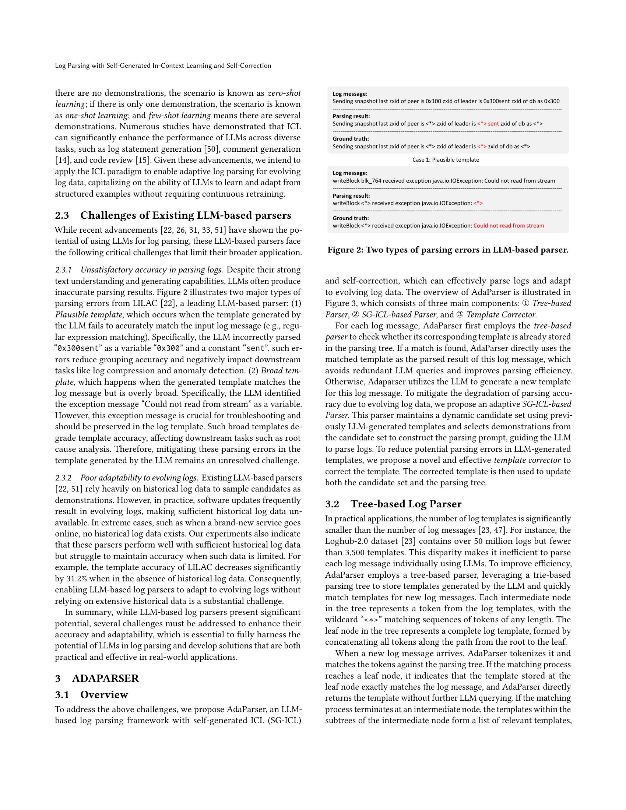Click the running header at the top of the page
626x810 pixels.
tap(163, 66)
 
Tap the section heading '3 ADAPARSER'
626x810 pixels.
tap(97, 678)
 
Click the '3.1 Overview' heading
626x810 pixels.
tap(92, 695)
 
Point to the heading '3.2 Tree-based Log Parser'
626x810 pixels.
tap(394, 504)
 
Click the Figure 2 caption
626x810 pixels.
tap(448, 250)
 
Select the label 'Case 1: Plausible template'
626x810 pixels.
tap(446, 160)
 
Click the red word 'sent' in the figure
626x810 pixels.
tap(493, 124)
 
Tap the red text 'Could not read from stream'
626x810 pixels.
tap(509, 225)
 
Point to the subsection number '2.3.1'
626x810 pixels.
tap(63, 270)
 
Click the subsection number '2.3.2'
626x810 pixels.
tap(63, 478)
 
